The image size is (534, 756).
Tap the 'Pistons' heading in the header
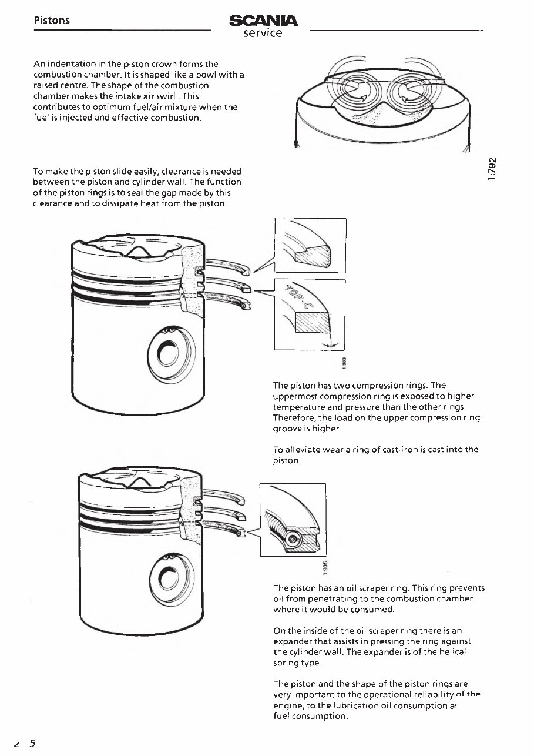[x=52, y=21]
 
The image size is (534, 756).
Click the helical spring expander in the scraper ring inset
[x=291, y=536]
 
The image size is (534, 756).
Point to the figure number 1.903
[x=345, y=364]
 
